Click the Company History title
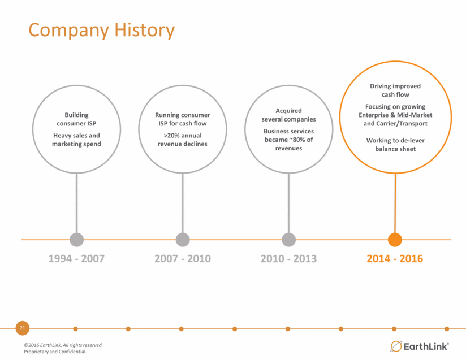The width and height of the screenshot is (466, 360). [x=102, y=31]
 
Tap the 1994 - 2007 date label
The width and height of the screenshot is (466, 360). [x=76, y=258]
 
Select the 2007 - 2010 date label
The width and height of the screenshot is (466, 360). [x=183, y=258]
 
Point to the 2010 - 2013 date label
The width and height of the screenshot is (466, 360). [x=288, y=258]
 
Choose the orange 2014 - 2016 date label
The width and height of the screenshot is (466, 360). [x=395, y=258]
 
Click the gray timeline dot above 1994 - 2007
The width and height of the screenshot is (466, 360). [x=77, y=240]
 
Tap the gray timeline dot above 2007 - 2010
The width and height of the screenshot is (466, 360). [x=183, y=240]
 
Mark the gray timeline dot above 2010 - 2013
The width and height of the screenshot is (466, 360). [x=288, y=240]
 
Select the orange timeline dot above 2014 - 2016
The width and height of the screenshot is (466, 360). [x=395, y=240]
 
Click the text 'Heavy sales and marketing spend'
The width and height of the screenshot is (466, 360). [x=76, y=140]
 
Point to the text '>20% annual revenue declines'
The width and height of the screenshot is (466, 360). [x=183, y=140]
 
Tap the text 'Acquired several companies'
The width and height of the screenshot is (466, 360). [x=288, y=115]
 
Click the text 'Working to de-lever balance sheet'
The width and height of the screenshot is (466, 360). [x=395, y=145]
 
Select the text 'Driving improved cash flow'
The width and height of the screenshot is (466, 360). [x=395, y=90]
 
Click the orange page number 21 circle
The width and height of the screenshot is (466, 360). [x=23, y=328]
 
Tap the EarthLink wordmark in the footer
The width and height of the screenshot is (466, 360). [x=426, y=346]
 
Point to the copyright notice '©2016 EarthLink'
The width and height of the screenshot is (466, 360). [x=42, y=345]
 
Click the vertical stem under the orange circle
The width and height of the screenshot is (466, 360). [x=395, y=203]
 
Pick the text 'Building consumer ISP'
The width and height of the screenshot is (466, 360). [x=76, y=119]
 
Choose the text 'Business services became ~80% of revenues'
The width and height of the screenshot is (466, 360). [x=288, y=140]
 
